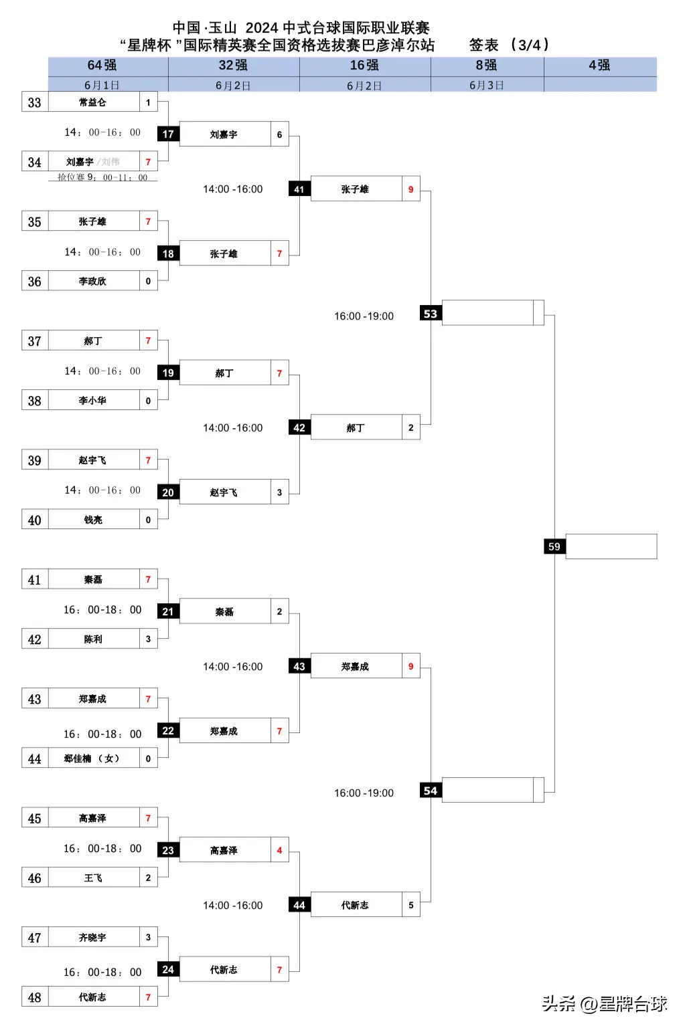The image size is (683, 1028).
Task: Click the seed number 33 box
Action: (x=35, y=102)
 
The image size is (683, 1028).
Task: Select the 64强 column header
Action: (x=102, y=66)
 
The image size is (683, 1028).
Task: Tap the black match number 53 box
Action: (x=431, y=314)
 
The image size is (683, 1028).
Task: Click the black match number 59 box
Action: (x=554, y=546)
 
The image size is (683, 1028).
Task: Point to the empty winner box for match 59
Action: (x=611, y=546)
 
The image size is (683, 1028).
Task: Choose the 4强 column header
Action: (x=599, y=66)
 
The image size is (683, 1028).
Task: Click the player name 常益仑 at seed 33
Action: (x=92, y=102)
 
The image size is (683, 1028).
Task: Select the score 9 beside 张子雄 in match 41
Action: (x=410, y=189)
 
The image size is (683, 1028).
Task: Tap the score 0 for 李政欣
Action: (x=148, y=282)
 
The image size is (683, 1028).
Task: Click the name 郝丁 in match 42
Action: (x=356, y=428)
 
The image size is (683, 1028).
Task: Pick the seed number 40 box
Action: (x=35, y=520)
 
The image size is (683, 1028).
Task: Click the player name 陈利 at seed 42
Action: (x=93, y=639)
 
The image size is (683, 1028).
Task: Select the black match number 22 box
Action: (x=168, y=731)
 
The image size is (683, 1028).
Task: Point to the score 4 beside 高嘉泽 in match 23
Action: (x=279, y=851)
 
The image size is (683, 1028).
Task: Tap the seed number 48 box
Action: (x=35, y=997)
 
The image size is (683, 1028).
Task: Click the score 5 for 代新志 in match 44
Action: (x=410, y=905)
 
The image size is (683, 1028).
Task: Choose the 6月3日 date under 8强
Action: (x=486, y=85)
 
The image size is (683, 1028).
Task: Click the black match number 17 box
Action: (x=168, y=134)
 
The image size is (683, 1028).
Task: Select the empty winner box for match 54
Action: (x=488, y=790)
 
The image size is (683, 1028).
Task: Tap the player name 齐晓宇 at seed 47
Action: (x=92, y=938)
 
